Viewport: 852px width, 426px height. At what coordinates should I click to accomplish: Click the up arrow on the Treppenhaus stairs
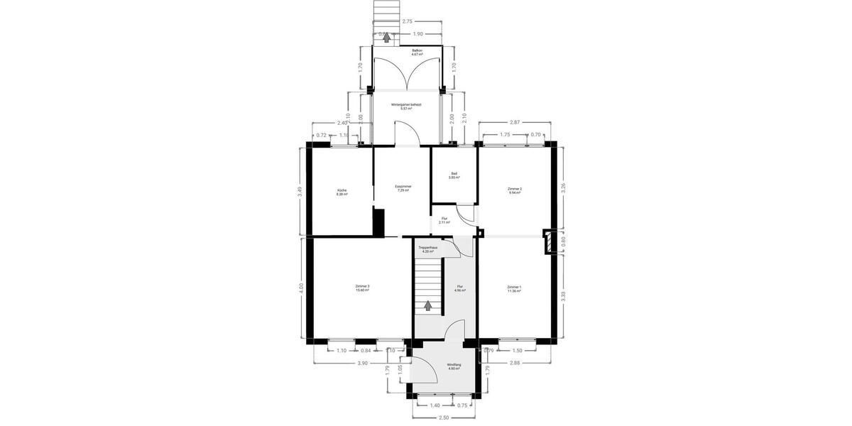tap(427, 306)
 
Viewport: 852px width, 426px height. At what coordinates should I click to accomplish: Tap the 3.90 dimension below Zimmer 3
tap(362, 364)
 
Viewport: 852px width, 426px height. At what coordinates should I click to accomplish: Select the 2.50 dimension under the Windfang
tap(444, 417)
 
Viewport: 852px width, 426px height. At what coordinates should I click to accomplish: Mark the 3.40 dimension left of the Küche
tap(300, 190)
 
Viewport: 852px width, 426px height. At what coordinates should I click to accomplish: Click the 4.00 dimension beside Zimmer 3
tap(300, 288)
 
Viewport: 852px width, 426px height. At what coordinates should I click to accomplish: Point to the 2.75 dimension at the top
tap(408, 21)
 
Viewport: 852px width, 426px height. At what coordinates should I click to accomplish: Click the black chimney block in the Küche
tap(378, 221)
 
